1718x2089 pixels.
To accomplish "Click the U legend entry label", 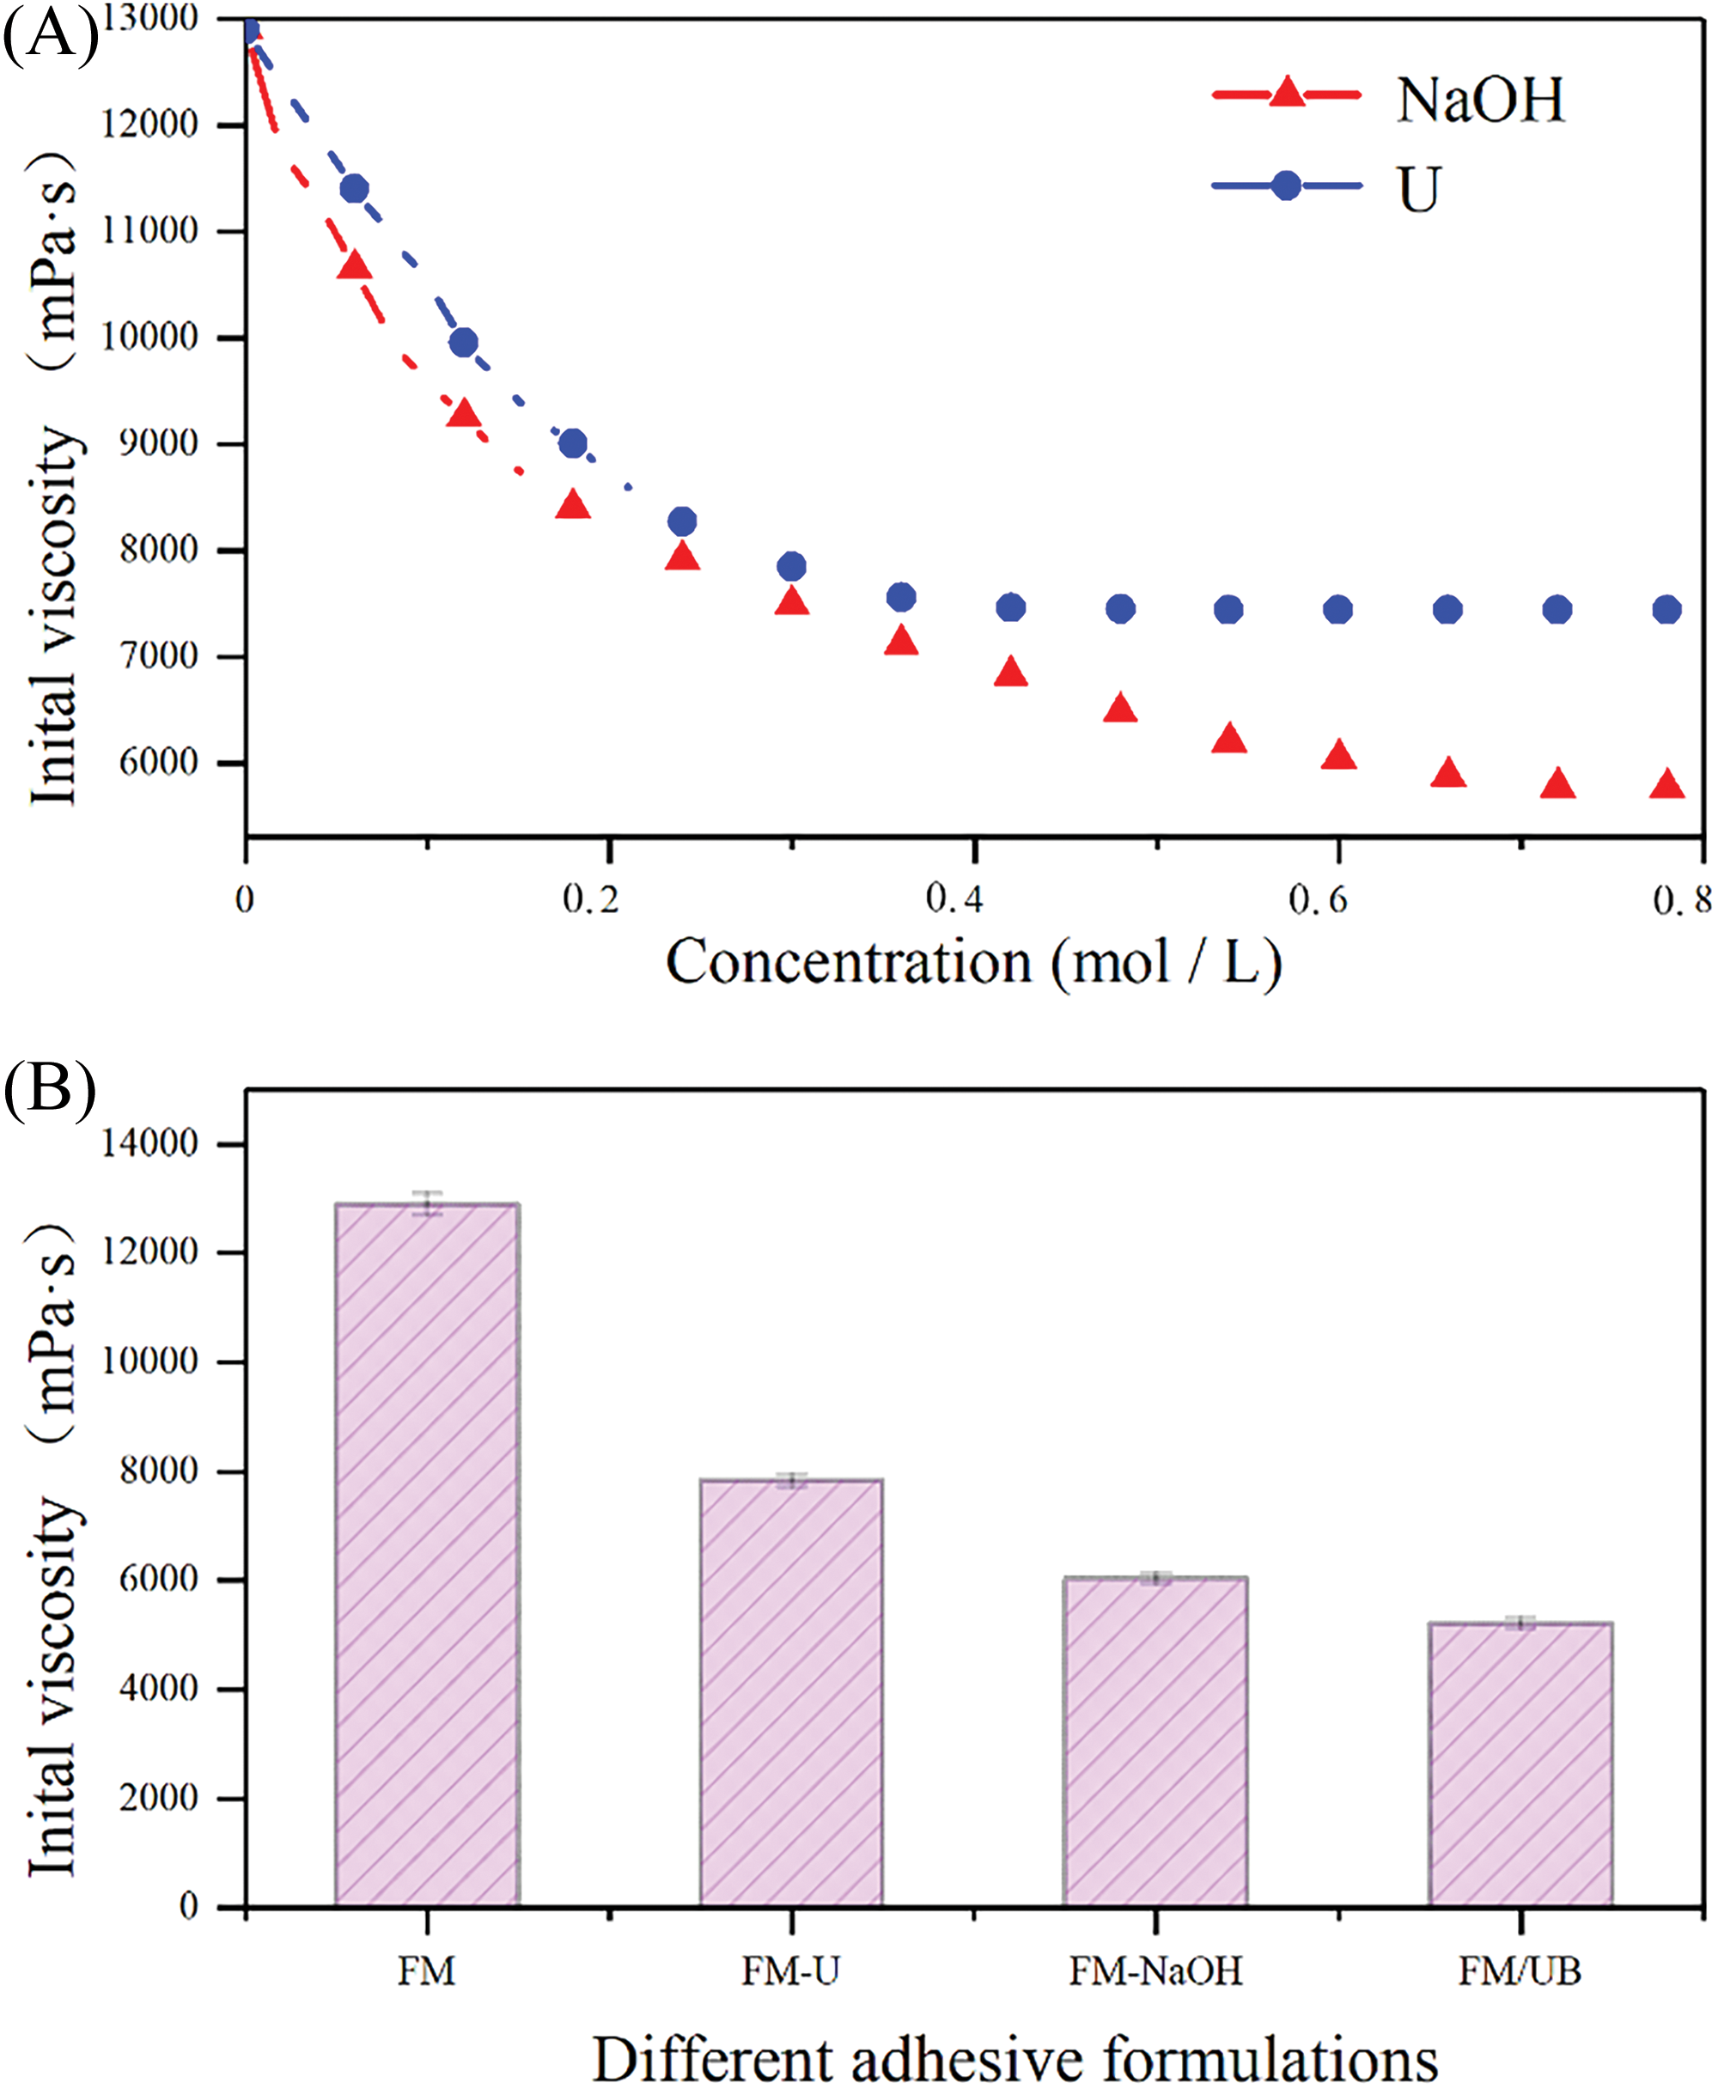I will point(1418,188).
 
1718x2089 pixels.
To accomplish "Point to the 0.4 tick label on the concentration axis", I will point(955,898).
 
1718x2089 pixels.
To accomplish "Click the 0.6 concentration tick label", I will point(1319,898).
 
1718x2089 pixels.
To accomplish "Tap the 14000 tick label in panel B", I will point(149,1143).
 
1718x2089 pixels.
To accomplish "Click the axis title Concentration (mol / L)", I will point(974,962).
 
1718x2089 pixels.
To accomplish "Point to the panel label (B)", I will point(50,1087).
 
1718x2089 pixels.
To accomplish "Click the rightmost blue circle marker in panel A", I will point(1666,610).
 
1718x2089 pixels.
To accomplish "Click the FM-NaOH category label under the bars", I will point(1154,1970).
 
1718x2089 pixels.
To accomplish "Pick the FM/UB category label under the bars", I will point(1520,1970).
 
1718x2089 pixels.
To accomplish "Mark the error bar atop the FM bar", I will point(428,1203).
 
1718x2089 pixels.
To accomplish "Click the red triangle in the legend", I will point(1287,93).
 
